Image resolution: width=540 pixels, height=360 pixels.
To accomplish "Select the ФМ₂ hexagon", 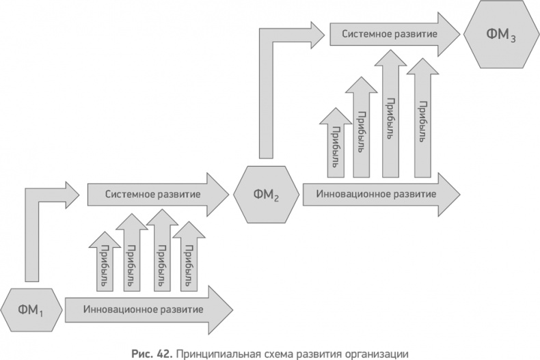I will click(266, 194).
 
